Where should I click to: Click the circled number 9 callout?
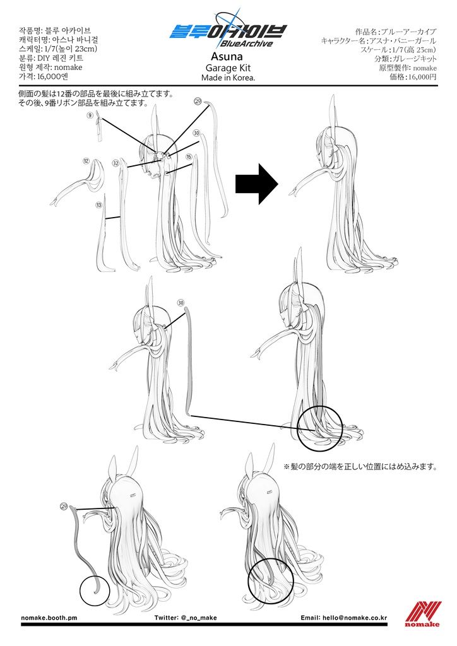[x=90, y=115]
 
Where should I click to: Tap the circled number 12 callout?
[x=86, y=161]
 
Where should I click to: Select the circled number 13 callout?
[x=98, y=205]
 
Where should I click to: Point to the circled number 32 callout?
[x=116, y=163]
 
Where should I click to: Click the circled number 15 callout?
[x=189, y=156]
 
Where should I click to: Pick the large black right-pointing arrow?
[x=257, y=184]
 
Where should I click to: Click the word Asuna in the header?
[x=227, y=56]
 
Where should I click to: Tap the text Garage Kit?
[x=228, y=68]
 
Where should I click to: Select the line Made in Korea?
[x=228, y=78]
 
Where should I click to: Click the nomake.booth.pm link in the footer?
[x=49, y=618]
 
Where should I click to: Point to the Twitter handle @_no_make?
[x=186, y=618]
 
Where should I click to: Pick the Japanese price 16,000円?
[x=413, y=76]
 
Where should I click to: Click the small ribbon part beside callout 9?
[x=99, y=126]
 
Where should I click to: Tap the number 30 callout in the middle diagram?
[x=181, y=303]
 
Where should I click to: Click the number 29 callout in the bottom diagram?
[x=64, y=506]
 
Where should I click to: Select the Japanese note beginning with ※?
[x=360, y=466]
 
